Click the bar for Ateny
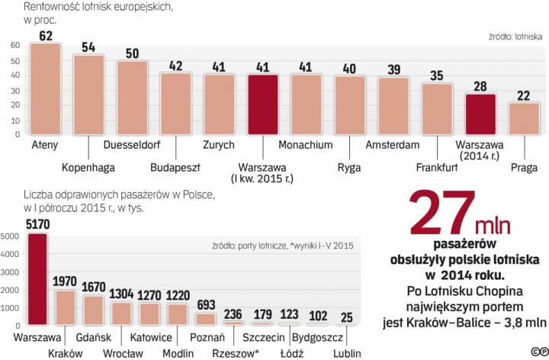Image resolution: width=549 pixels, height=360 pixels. click(x=45, y=89)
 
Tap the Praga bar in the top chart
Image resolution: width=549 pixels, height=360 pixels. click(x=524, y=118)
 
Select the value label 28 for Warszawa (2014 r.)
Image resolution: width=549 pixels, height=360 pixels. click(x=480, y=85)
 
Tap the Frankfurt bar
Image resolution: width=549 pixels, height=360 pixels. click(x=437, y=108)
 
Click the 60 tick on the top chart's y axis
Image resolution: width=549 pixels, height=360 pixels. click(x=15, y=45)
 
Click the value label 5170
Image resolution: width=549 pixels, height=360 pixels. click(x=37, y=224)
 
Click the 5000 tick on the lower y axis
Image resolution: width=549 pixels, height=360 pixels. click(x=14, y=236)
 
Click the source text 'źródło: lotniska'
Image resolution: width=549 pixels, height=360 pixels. click(x=515, y=34)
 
